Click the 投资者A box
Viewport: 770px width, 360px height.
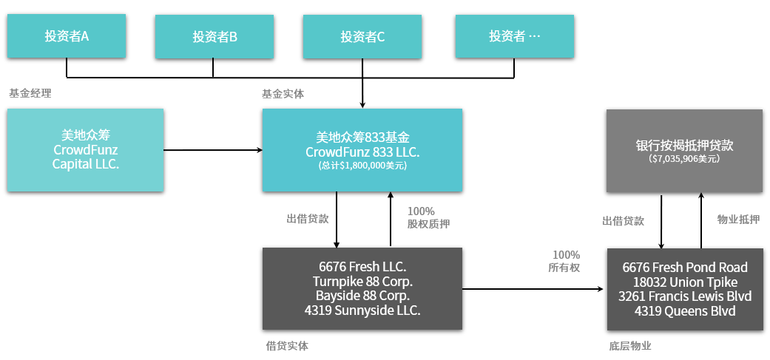67,35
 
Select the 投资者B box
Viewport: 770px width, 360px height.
215,36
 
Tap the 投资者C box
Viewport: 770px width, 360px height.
362,36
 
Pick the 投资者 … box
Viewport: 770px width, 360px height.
514,36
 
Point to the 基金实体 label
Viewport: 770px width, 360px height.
283,94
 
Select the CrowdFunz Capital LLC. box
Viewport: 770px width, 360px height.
85,150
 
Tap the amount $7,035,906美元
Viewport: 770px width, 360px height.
684,158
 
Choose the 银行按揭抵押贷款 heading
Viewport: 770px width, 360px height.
684,145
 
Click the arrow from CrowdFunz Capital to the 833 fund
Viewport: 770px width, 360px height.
213,150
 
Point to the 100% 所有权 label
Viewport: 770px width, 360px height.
566,261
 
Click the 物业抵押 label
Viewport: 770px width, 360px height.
737,220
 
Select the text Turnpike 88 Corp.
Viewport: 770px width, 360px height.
362,282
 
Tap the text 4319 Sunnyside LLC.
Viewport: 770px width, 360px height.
362,310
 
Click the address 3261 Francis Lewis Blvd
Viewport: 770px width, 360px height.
685,296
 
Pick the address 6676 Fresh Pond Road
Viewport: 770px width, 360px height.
685,268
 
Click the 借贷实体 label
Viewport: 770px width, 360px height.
286,345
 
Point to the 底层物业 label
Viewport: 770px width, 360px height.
629,345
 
